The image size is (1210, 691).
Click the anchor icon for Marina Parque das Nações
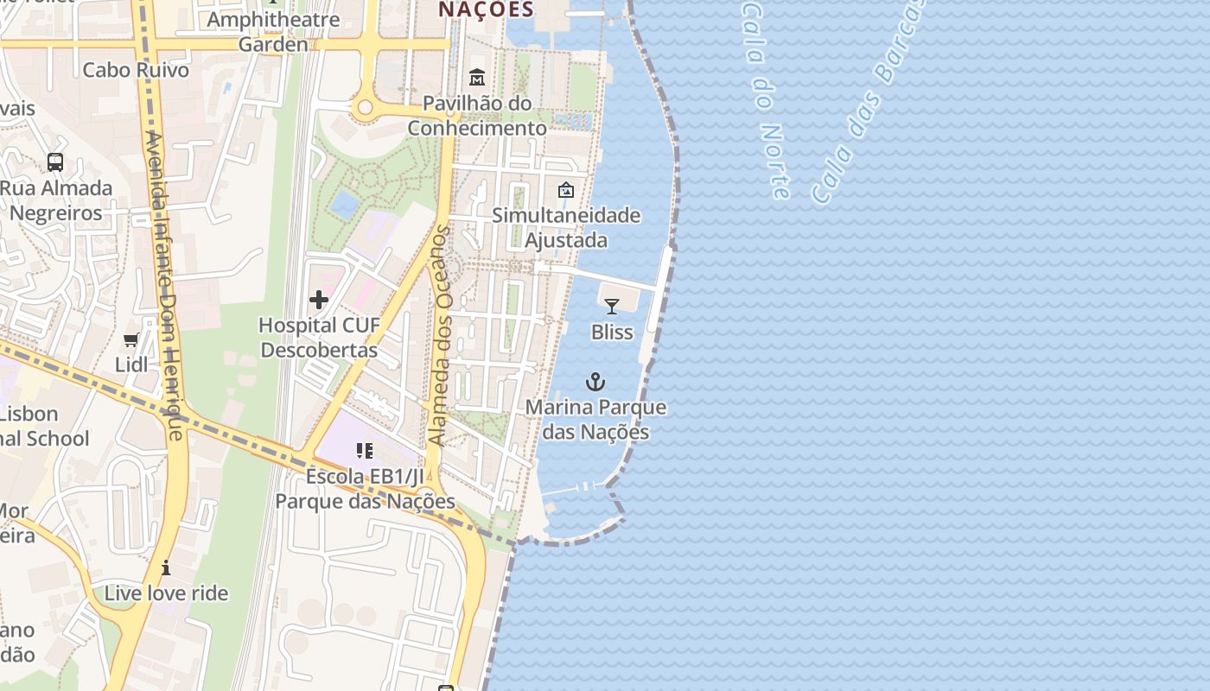[595, 381]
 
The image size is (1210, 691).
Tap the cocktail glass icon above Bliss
[612, 306]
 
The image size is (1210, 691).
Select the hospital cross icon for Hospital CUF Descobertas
[319, 300]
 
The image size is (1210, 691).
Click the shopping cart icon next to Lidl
[131, 339]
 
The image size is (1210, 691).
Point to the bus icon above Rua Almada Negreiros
[55, 162]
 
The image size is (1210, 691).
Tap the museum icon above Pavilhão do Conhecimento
[477, 78]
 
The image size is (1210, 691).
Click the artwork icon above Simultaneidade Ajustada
[566, 190]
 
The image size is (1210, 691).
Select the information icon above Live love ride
[166, 567]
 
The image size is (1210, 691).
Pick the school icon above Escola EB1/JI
[365, 450]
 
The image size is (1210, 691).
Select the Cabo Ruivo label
[136, 70]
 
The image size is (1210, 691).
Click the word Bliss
[612, 332]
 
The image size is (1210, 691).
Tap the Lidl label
[131, 365]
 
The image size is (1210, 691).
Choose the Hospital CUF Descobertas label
[319, 338]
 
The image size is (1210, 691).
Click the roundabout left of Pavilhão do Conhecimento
[365, 108]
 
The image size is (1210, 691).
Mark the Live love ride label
[166, 593]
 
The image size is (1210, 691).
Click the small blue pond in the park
[345, 205]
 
